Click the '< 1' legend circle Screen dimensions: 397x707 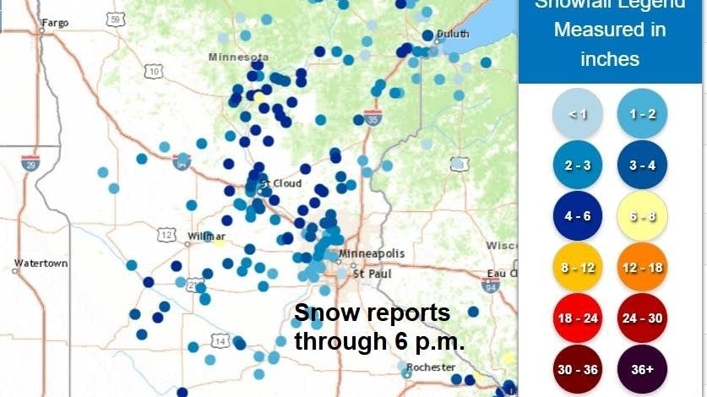click(x=577, y=113)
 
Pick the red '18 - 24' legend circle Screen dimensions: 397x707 click(x=577, y=318)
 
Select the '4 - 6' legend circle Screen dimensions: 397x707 click(x=577, y=215)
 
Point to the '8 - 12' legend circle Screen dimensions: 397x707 click(x=577, y=267)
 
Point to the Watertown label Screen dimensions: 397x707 click(x=40, y=264)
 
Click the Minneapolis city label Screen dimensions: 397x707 click(x=372, y=253)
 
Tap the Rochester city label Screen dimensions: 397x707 click(x=431, y=367)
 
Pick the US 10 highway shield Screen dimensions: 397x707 click(x=154, y=73)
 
